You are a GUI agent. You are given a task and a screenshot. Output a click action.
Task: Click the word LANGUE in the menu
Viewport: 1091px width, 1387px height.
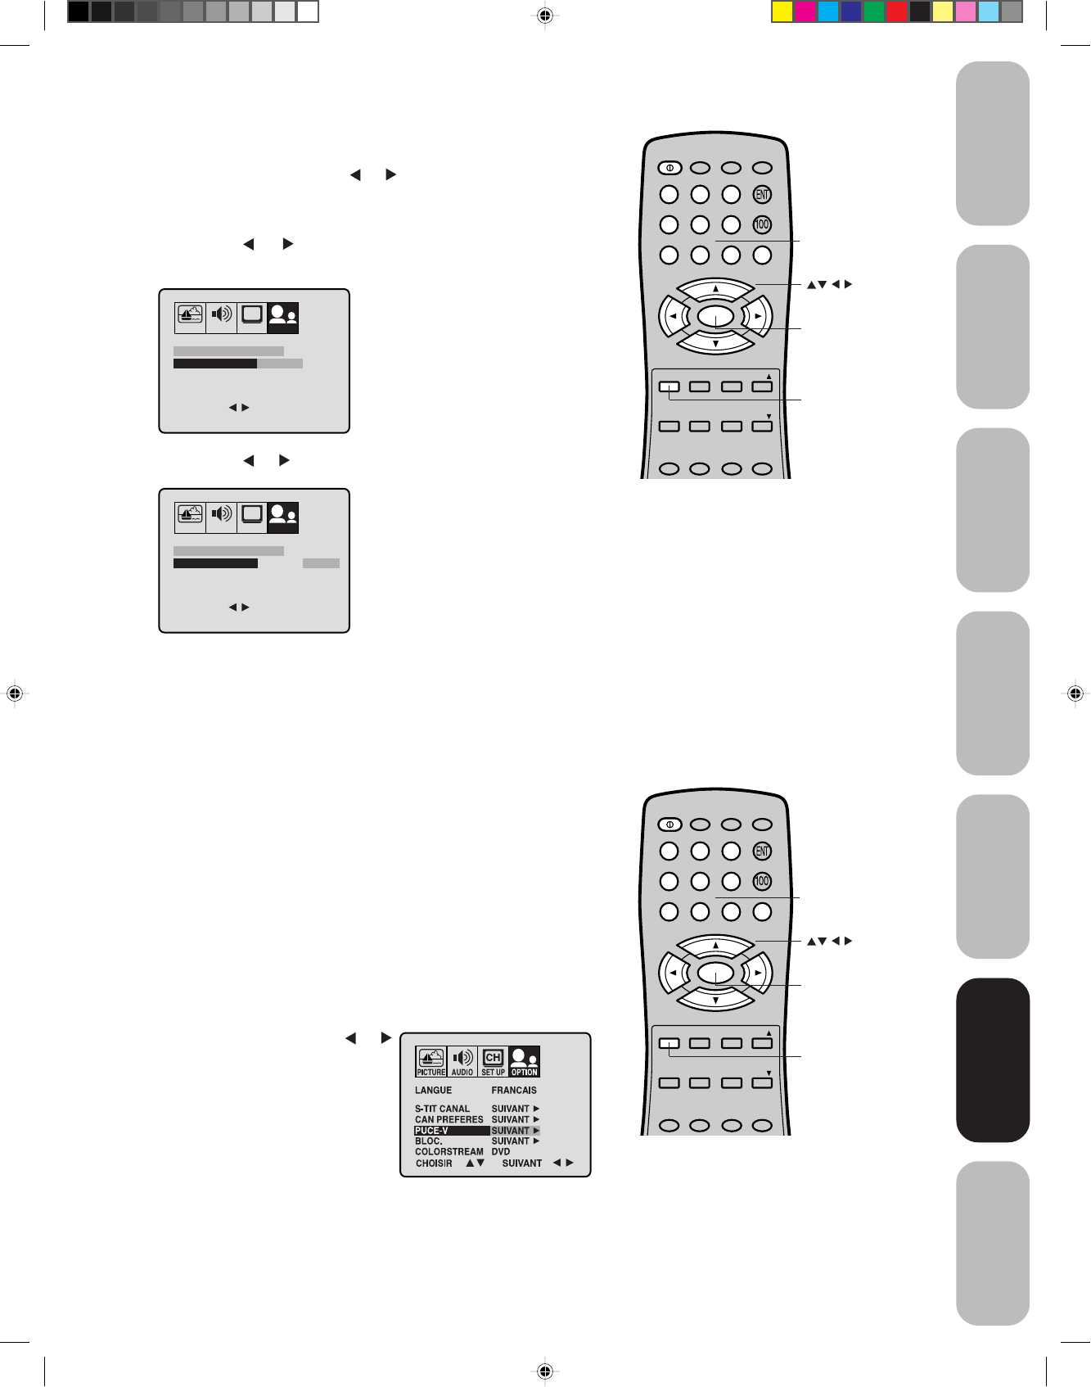tap(433, 1091)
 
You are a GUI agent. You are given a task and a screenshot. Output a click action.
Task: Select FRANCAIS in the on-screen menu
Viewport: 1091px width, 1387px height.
tap(514, 1091)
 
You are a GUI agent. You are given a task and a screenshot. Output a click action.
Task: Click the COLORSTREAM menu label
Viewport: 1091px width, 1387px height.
tap(449, 1152)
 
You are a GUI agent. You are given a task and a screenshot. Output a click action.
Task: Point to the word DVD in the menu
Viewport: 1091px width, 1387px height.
tap(501, 1152)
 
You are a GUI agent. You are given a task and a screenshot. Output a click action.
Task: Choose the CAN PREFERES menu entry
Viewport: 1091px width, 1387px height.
tap(449, 1120)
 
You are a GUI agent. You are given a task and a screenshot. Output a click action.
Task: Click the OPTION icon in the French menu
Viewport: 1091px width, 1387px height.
tap(524, 1061)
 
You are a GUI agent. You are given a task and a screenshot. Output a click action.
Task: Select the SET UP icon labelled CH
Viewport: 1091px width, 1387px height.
tap(493, 1061)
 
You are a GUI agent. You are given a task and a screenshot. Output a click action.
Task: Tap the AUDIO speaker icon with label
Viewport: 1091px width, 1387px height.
tap(462, 1061)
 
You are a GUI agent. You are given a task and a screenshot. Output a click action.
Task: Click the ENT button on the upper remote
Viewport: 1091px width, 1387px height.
tap(762, 195)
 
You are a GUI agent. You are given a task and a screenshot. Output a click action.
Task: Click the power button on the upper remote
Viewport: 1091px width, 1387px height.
tap(669, 168)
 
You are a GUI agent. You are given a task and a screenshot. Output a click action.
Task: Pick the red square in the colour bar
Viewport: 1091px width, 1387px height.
tap(897, 11)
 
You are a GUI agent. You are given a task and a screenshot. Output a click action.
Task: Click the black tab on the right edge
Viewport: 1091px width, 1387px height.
tap(993, 1059)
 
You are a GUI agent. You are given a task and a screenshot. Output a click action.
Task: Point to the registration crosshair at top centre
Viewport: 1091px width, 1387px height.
tap(546, 15)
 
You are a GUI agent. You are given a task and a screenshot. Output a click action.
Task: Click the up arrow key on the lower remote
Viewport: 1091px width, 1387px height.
tap(715, 946)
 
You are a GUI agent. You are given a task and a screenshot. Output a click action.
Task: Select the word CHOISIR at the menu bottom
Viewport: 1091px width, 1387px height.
tap(434, 1163)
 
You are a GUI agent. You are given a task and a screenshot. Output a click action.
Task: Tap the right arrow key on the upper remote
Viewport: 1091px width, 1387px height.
tap(759, 316)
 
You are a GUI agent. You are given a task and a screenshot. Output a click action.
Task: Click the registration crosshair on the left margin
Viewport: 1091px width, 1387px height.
tap(14, 693)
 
